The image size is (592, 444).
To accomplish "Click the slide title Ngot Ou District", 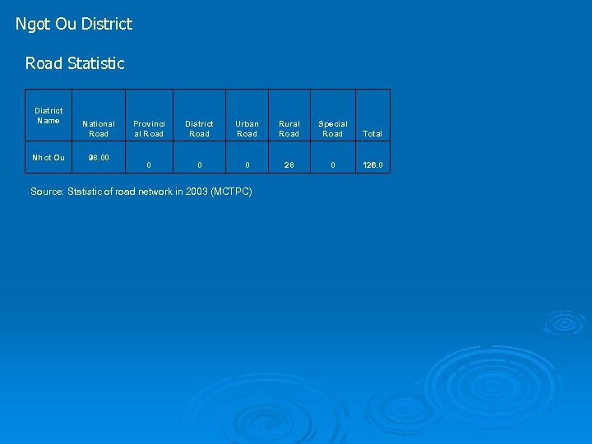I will [x=74, y=24].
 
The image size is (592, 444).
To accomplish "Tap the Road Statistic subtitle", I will [x=75, y=63].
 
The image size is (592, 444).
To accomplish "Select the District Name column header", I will [x=49, y=115].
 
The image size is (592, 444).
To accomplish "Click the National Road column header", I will [x=99, y=128].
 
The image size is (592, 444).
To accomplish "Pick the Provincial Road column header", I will [x=149, y=128].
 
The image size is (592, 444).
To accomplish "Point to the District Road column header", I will [x=199, y=128].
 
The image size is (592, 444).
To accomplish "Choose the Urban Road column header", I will [x=247, y=128].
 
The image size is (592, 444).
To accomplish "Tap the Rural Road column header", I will [x=289, y=128].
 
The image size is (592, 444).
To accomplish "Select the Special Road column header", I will [x=333, y=128].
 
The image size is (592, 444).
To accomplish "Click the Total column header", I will [x=372, y=133].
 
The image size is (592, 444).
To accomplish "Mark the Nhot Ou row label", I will [x=49, y=157].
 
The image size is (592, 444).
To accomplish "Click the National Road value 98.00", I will [x=99, y=157].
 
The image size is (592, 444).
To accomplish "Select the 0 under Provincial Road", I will [x=149, y=165].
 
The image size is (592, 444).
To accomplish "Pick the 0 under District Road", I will [x=199, y=165].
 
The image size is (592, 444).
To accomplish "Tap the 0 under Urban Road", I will [x=247, y=165].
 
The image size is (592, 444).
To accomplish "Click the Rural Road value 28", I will [x=289, y=165].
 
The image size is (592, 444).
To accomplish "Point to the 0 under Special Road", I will [x=333, y=165].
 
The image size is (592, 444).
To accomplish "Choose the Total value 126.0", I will [x=372, y=165].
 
